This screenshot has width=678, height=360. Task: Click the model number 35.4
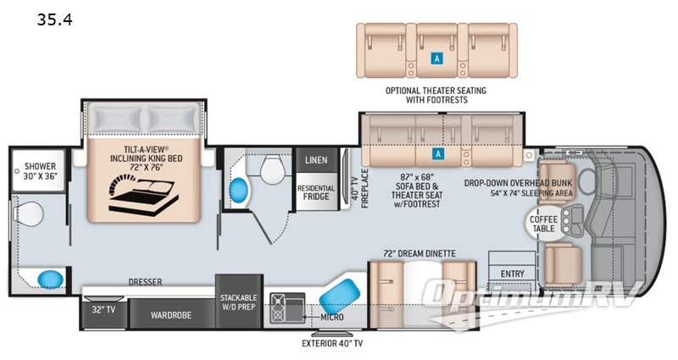pos(54,19)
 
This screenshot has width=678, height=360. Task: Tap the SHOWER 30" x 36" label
pos(40,172)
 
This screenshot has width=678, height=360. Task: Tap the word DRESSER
pos(145,281)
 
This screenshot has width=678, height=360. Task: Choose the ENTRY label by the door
pos(513,273)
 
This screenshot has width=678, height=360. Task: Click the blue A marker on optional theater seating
pos(436,58)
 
